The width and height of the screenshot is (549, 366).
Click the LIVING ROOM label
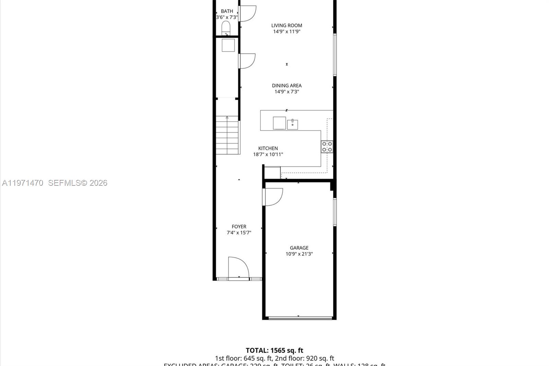tap(287, 25)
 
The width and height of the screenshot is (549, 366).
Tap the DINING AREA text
tap(287, 85)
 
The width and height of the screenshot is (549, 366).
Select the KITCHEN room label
tap(268, 148)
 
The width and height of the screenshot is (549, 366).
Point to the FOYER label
tap(239, 227)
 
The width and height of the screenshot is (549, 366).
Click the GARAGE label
tap(299, 248)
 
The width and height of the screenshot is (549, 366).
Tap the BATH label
tap(227, 11)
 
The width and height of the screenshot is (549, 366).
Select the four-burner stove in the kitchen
tap(327, 147)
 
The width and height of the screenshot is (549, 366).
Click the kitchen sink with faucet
tap(292, 124)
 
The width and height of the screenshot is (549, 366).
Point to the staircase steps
tap(227, 135)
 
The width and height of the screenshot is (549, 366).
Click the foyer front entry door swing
tap(238, 267)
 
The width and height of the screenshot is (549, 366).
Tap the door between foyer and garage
tap(273, 197)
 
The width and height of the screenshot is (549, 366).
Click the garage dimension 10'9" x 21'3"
tap(299, 254)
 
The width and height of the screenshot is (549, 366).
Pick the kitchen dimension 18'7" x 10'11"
tap(268, 155)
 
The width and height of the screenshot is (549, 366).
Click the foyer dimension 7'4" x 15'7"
tap(239, 233)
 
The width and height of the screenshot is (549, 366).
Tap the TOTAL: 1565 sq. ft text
tap(274, 351)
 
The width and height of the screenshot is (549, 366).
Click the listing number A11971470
tap(23, 183)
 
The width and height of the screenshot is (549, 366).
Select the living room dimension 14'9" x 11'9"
tap(287, 32)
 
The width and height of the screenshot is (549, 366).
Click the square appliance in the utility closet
tap(228, 45)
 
